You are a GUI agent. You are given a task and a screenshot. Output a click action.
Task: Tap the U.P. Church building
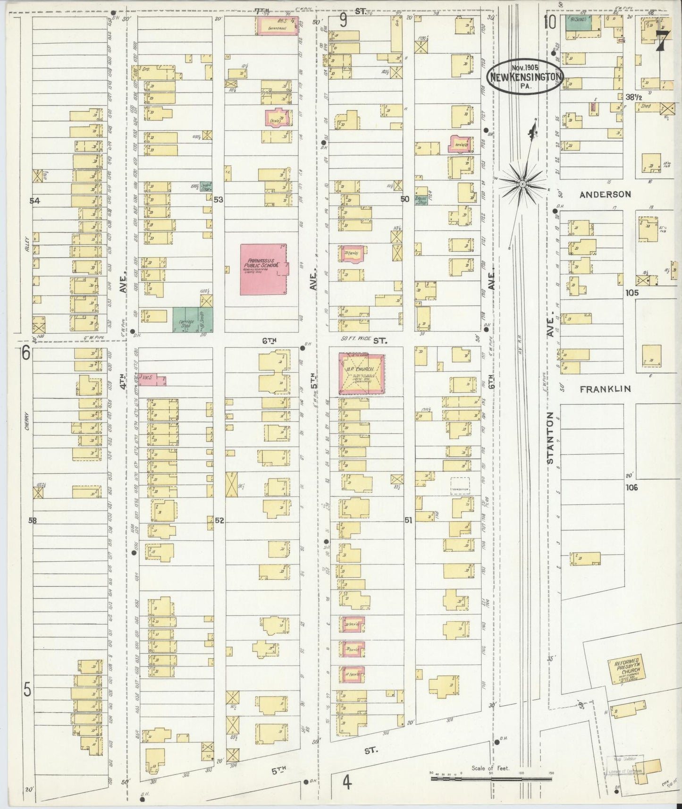pos(361,373)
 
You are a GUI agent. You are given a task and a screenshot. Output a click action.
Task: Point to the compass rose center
pos(522,183)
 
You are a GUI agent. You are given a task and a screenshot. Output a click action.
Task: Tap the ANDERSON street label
pos(605,194)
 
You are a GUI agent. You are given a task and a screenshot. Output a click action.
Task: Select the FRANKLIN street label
pos(605,389)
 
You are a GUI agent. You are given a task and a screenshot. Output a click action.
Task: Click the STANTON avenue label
pos(550,437)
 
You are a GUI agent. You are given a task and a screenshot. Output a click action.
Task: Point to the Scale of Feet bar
pos(491,776)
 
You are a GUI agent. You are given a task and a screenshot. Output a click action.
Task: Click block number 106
pos(631,488)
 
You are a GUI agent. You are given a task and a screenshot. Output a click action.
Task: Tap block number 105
pos(631,293)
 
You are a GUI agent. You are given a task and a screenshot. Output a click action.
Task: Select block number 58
pos(32,521)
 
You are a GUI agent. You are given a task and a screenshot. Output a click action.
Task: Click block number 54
pos(34,201)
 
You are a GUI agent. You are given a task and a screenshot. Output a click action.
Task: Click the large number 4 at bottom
pos(347,783)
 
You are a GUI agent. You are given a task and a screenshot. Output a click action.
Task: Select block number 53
pos(218,200)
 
